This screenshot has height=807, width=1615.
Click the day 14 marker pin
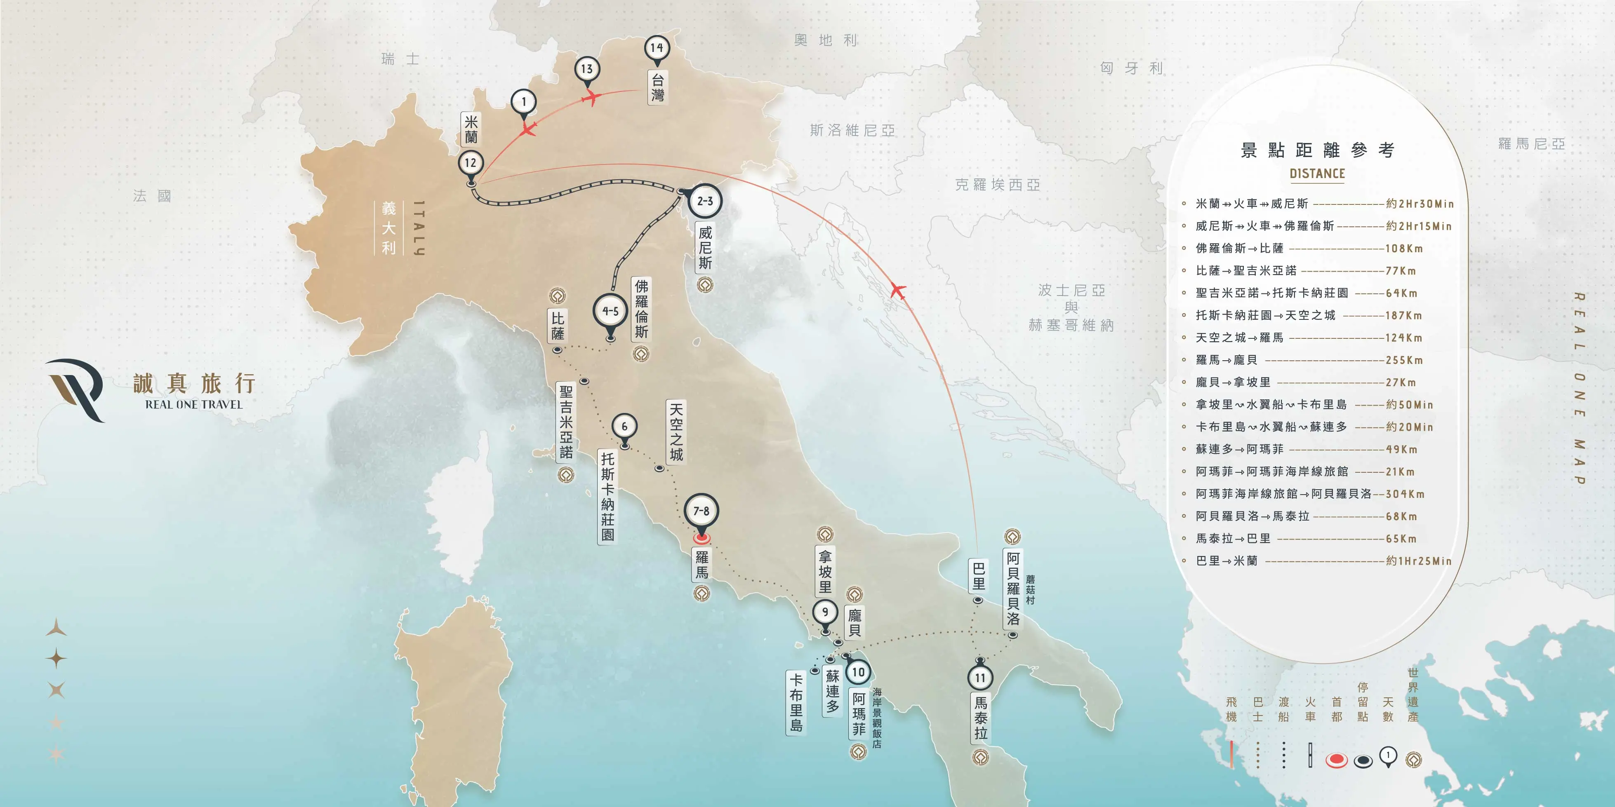pos(657,48)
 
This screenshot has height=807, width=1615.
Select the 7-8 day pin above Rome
pos(701,512)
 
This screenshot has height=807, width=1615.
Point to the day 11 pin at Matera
pos(980,678)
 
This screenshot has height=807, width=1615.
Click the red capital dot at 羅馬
pos(702,537)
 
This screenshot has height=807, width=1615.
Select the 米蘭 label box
pos(471,129)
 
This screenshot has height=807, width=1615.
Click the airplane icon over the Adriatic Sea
pos(898,291)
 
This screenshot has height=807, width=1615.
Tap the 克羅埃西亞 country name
pos(998,185)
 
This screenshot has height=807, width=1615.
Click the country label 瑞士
pos(400,59)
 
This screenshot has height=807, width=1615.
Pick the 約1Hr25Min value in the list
pos(1419,561)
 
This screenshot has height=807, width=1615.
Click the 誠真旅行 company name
pos(194,383)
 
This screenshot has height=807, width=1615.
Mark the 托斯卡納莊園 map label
pos(607,497)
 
